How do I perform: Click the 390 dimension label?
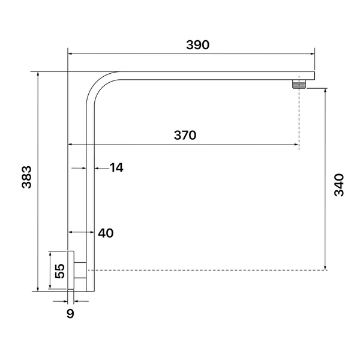coord(197,45)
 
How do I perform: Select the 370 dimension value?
coord(185,135)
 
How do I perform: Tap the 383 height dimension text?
coord(26,177)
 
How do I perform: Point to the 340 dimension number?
coord(339,185)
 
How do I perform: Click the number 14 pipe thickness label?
coord(116,167)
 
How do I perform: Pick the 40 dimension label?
coord(106,233)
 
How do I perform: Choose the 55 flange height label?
coord(60,271)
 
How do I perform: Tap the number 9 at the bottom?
coord(70,313)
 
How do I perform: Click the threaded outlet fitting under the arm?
coord(299,84)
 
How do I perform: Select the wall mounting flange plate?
coord(71,270)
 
